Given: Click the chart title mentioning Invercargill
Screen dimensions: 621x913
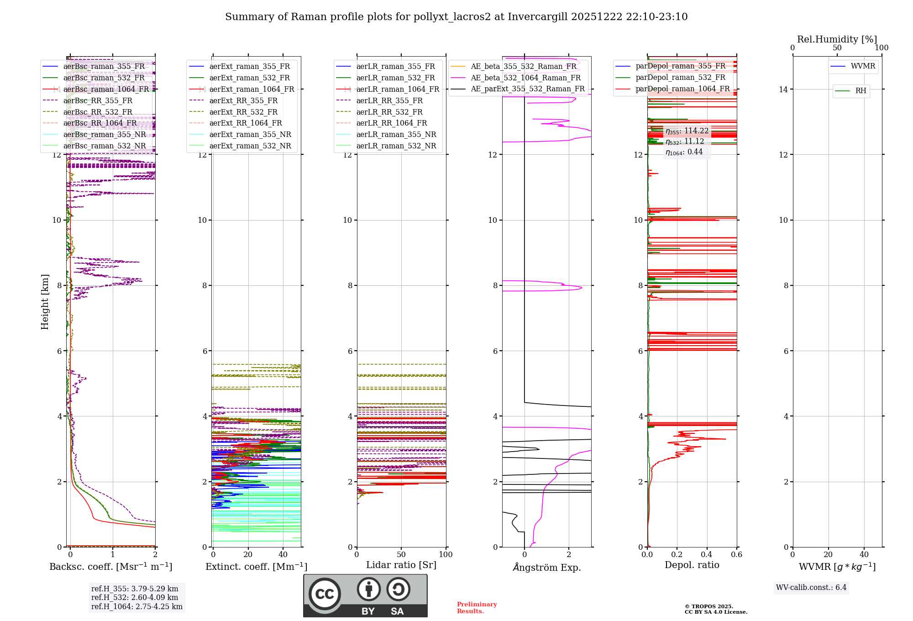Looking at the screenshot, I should (x=456, y=17).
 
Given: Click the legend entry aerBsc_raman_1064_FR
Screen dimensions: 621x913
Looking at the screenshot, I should (x=106, y=89).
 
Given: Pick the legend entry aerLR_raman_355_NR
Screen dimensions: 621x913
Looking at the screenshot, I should (x=396, y=134).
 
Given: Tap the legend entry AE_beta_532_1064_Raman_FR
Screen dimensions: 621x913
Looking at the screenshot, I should (x=525, y=78).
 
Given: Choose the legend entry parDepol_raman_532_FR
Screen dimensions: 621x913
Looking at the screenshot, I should (x=680, y=78).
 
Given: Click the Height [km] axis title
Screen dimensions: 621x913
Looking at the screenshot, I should (x=45, y=301).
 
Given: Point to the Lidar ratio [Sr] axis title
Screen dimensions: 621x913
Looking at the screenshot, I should (x=401, y=565).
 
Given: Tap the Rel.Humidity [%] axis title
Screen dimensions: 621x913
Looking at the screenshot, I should (x=837, y=39).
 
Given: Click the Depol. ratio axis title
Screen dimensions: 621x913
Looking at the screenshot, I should (x=692, y=565).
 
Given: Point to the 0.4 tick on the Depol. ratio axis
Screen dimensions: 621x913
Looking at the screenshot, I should (x=707, y=554).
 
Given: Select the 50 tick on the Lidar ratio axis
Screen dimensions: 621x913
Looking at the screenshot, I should (x=401, y=554).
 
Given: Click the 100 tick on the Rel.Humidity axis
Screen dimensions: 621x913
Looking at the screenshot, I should (x=882, y=47).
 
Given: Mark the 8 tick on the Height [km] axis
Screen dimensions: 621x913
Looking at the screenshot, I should (x=59, y=285).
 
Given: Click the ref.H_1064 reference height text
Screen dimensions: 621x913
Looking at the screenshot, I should (x=136, y=606).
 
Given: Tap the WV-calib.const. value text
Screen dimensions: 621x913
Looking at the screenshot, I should (x=811, y=587).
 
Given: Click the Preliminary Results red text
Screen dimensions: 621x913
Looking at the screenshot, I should (x=477, y=608).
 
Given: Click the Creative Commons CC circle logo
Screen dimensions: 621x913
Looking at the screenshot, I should (x=325, y=594).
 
